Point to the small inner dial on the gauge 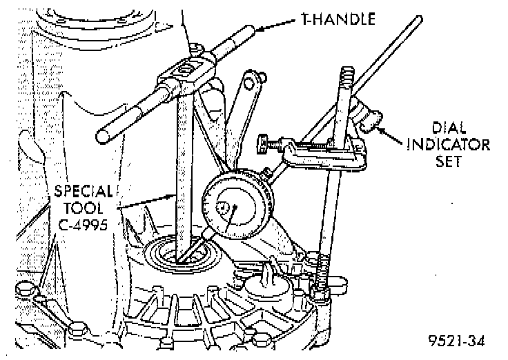tap(224, 207)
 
